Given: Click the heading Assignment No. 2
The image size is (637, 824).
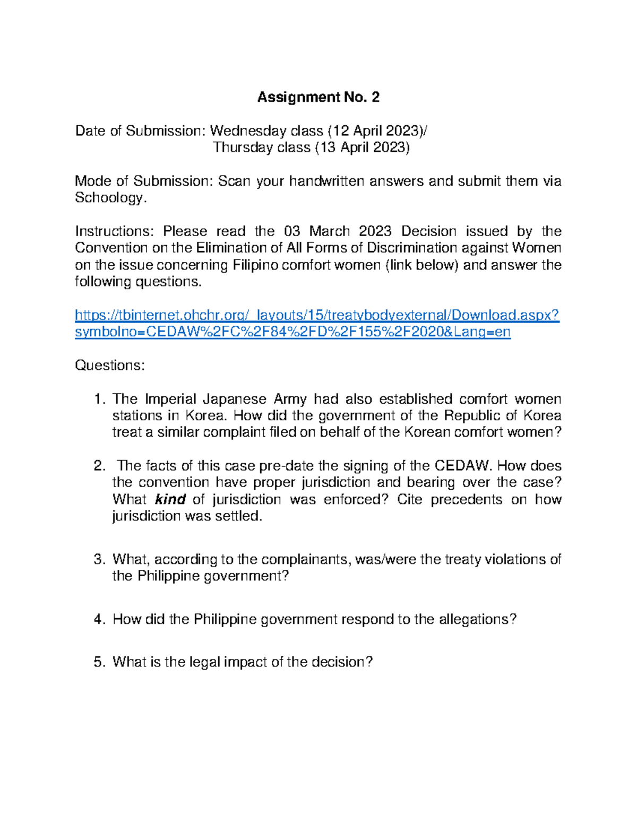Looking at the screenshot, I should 318,97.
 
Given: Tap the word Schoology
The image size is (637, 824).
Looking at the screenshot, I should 109,198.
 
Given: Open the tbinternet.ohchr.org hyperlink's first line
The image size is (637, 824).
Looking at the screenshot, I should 317,315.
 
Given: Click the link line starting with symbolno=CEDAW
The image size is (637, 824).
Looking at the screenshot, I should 292,332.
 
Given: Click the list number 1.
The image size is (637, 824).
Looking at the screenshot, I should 98,399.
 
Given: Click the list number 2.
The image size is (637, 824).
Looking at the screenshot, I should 99,466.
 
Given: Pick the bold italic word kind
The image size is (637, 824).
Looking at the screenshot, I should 170,499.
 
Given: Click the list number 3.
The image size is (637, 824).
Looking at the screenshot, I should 99,559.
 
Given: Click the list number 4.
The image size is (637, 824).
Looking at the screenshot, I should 99,619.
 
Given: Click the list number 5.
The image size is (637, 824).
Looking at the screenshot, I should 99,662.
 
